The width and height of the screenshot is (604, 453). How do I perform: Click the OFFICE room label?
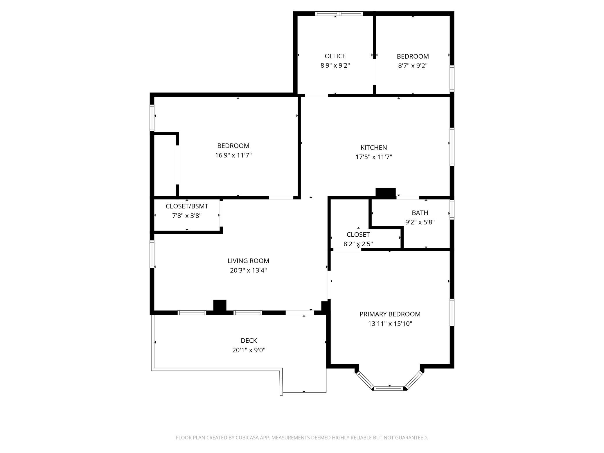pyautogui.click(x=335, y=56)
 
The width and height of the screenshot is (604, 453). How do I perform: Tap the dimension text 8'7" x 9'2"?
pyautogui.click(x=413, y=66)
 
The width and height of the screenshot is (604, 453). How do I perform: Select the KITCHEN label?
pyautogui.click(x=374, y=148)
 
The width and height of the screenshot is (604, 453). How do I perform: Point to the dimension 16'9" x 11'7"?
pyautogui.click(x=233, y=155)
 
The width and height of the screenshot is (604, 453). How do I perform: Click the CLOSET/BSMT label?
pyautogui.click(x=187, y=206)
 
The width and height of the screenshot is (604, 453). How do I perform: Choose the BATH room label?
pyautogui.click(x=420, y=213)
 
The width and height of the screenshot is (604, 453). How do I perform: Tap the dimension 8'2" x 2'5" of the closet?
pyautogui.click(x=358, y=244)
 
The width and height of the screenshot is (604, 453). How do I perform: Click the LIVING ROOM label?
pyautogui.click(x=248, y=261)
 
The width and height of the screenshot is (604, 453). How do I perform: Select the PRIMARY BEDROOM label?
pyautogui.click(x=390, y=314)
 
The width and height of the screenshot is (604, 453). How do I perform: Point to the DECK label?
pyautogui.click(x=249, y=340)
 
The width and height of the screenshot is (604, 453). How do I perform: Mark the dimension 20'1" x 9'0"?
pyautogui.click(x=249, y=350)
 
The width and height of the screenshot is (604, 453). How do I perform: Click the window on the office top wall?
pyautogui.click(x=339, y=13)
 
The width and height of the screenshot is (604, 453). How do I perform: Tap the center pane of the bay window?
pyautogui.click(x=389, y=388)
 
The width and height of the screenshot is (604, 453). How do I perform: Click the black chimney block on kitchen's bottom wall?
pyautogui.click(x=386, y=193)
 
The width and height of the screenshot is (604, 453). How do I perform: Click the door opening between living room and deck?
pyautogui.click(x=300, y=313)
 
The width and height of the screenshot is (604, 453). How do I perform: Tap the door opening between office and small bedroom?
pyautogui.click(x=375, y=72)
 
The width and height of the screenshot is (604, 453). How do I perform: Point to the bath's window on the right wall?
pyautogui.click(x=452, y=210)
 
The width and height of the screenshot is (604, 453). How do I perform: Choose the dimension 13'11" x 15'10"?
pyautogui.click(x=390, y=323)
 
